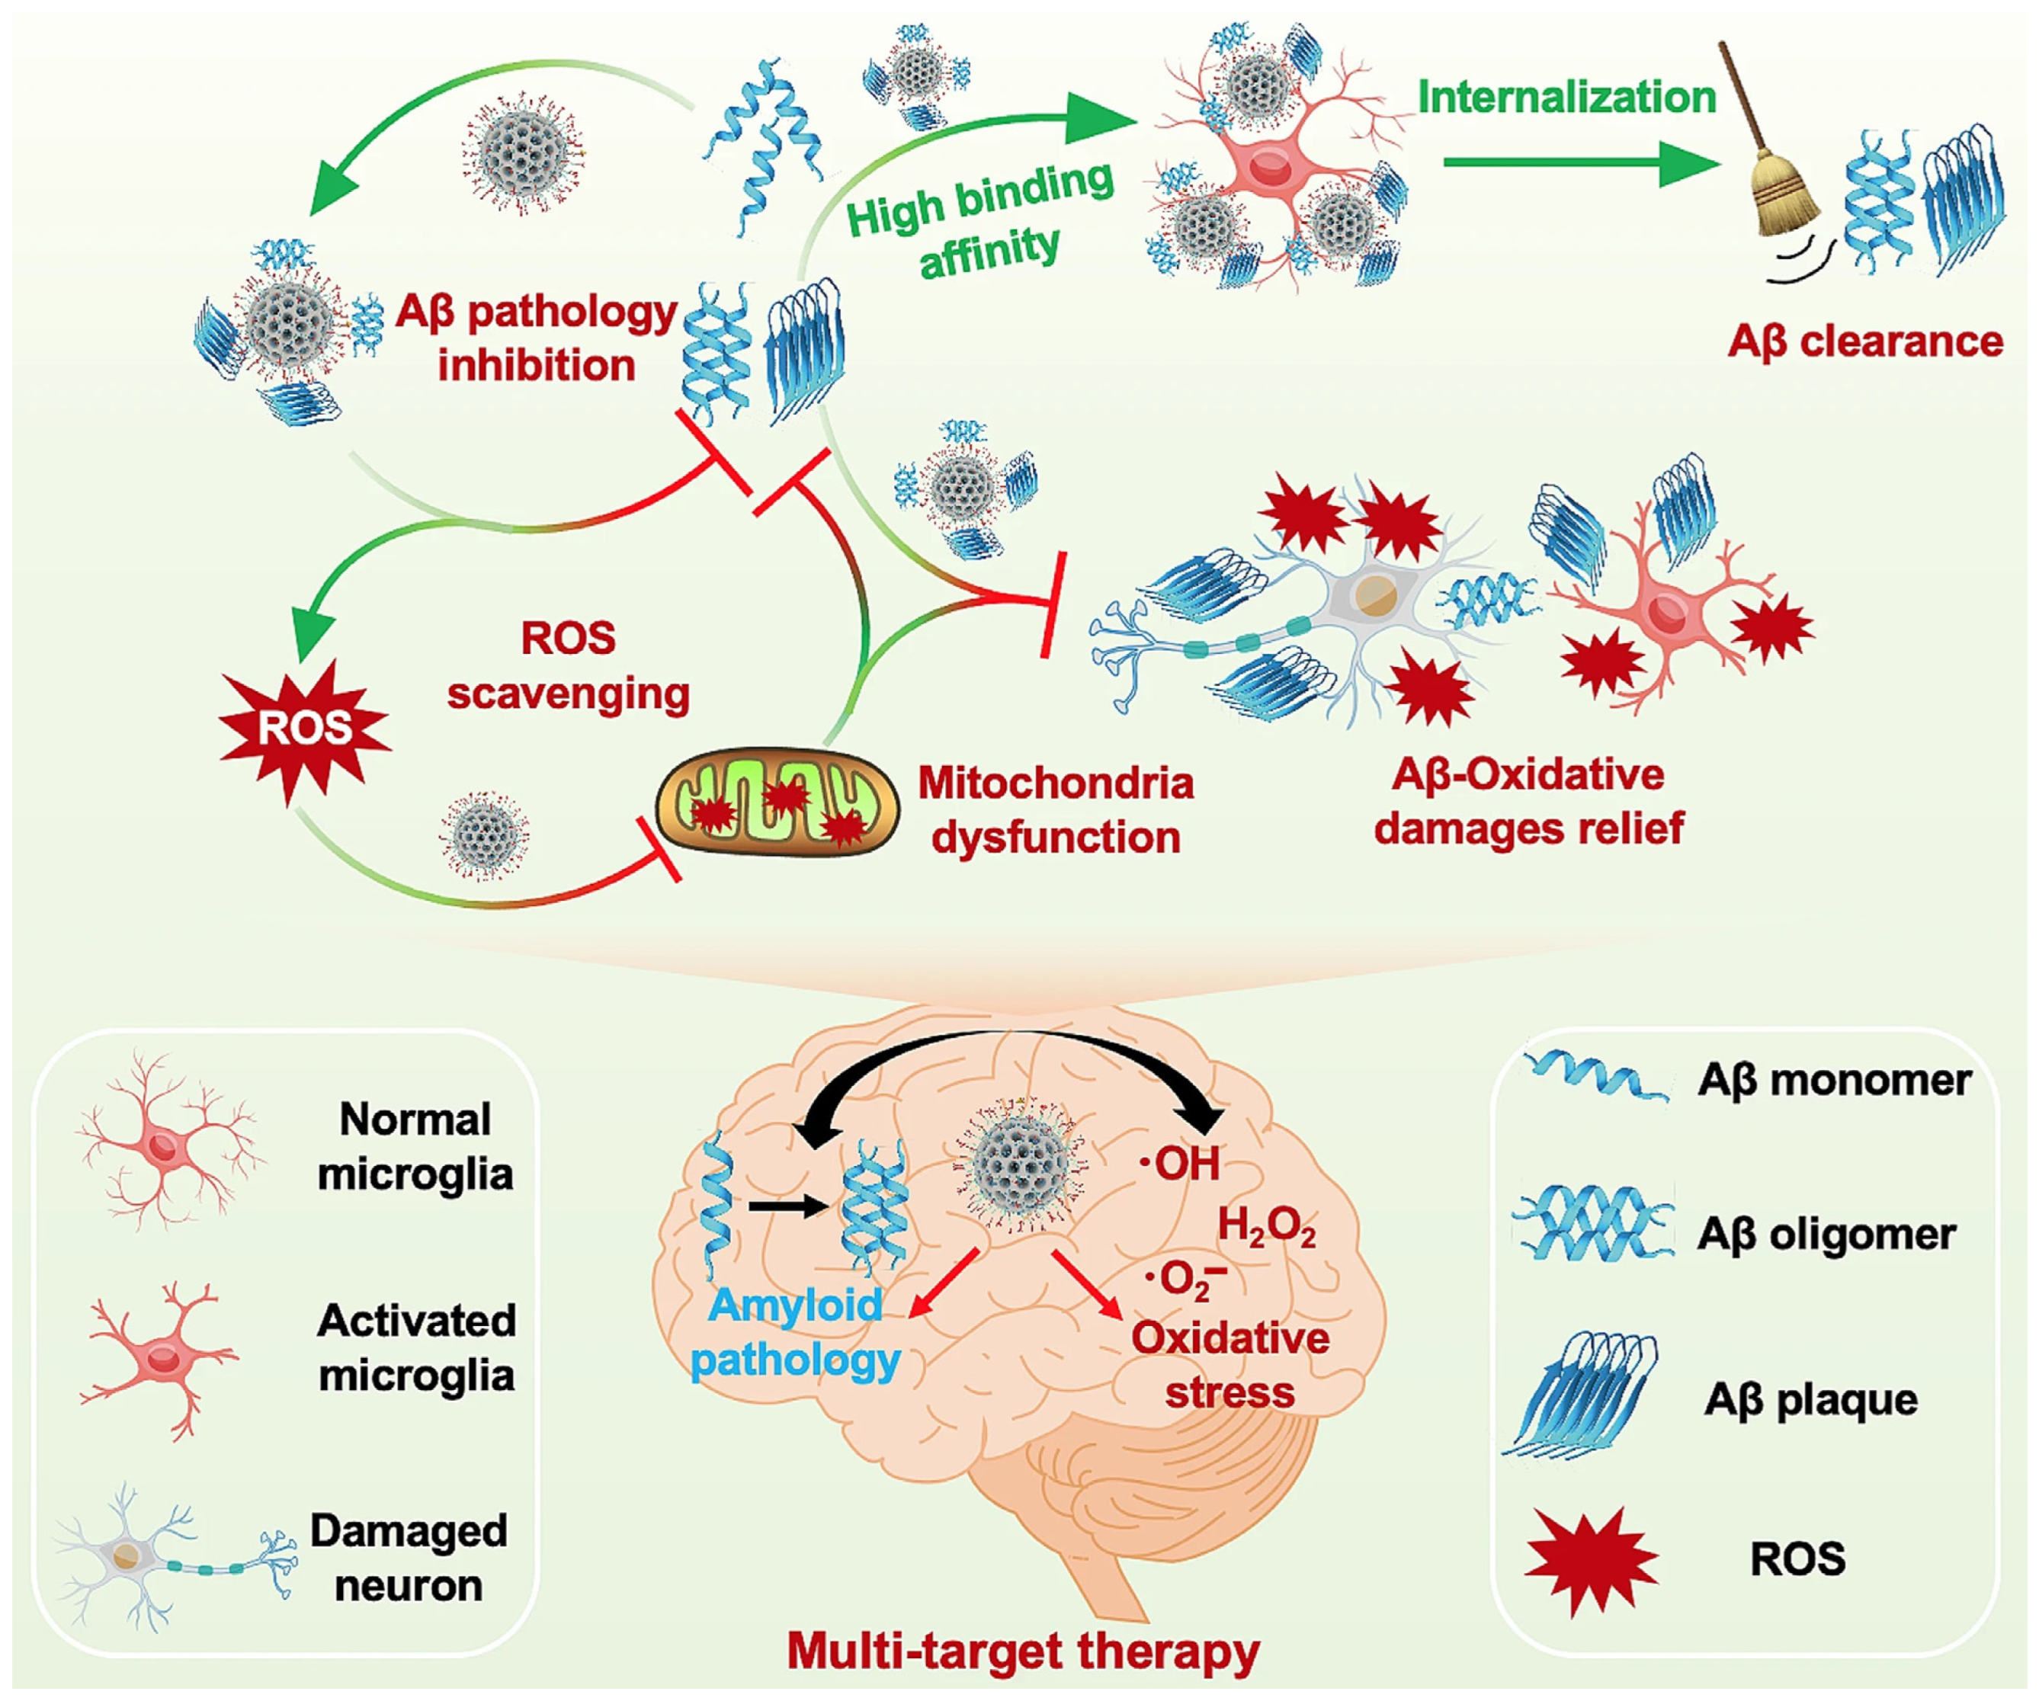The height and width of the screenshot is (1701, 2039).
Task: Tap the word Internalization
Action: (x=1566, y=97)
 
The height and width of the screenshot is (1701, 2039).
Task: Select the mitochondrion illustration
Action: (x=777, y=802)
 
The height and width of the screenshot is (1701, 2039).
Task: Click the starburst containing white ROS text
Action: (x=304, y=728)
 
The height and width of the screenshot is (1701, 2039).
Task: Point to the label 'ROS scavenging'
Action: (x=568, y=666)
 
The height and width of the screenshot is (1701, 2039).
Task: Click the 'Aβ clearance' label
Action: (x=1864, y=341)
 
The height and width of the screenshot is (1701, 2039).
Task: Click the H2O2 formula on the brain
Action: (x=1266, y=1227)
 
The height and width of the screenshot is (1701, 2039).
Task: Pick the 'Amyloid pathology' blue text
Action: (x=797, y=1332)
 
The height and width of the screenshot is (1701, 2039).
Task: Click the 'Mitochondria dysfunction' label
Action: (x=1056, y=809)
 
